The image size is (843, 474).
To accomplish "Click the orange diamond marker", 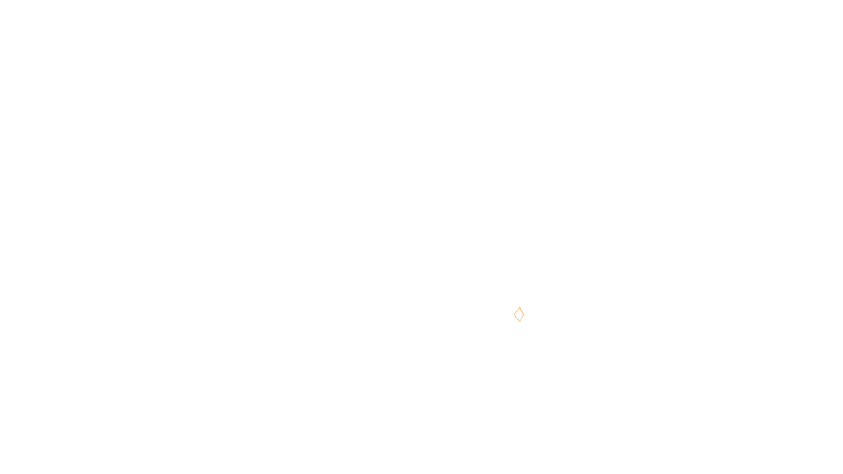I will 519,314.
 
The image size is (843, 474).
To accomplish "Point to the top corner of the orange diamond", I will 519,308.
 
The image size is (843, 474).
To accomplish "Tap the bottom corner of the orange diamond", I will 519,321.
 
